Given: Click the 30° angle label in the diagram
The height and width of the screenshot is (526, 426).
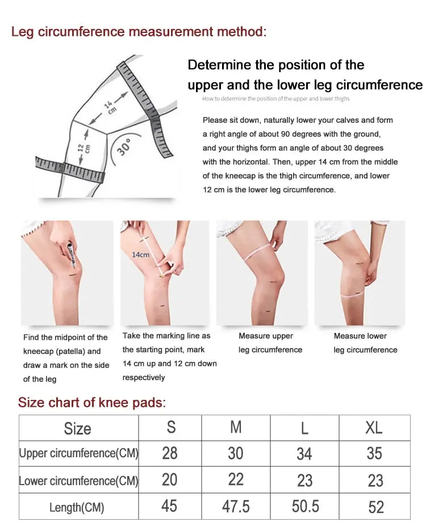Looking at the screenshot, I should click(x=124, y=146).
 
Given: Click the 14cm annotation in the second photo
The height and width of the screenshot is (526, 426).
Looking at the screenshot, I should click(x=140, y=254).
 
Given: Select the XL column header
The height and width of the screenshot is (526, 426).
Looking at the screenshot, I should click(x=374, y=427).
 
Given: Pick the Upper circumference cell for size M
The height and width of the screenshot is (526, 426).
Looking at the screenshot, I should click(x=236, y=453).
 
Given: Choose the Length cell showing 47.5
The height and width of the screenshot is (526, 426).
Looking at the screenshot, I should click(x=236, y=506).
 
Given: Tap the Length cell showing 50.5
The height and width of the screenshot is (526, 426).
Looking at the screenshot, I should click(x=305, y=506).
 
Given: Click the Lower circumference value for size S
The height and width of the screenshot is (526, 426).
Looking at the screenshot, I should click(x=170, y=480).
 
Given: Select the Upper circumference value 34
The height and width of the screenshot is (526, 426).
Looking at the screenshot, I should click(x=304, y=454).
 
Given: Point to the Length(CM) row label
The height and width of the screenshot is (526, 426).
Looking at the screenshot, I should click(x=77, y=507).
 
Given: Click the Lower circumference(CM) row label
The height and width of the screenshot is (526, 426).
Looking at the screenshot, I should click(x=78, y=481).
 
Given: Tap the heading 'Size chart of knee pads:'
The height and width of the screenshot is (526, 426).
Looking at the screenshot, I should click(x=92, y=403).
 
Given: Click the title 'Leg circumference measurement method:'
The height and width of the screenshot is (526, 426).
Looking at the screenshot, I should click(x=139, y=31).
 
